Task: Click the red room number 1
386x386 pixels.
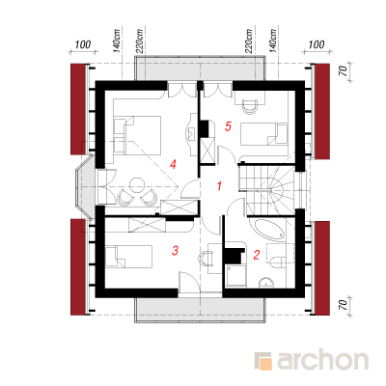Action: tap(219, 186)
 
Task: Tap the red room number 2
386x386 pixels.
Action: tap(257, 255)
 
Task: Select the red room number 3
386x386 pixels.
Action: tap(175, 250)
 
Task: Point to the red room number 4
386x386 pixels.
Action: tap(173, 165)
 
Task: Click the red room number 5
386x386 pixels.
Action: tap(228, 126)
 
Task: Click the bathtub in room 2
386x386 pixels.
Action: tap(269, 230)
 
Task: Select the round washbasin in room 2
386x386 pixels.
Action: tap(266, 283)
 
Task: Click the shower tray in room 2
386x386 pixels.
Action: tap(235, 275)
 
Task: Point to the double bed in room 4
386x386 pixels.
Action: tap(137, 135)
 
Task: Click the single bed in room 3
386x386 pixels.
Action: tap(128, 257)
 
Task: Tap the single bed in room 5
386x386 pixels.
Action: tap(264, 134)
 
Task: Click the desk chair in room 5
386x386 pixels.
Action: tap(250, 106)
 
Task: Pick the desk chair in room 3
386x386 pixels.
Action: tap(205, 258)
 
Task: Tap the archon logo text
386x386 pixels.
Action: tap(322, 361)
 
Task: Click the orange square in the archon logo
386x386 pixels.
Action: tap(265, 364)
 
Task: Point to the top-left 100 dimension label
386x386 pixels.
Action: tap(83, 44)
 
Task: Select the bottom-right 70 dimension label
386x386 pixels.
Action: tap(343, 303)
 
